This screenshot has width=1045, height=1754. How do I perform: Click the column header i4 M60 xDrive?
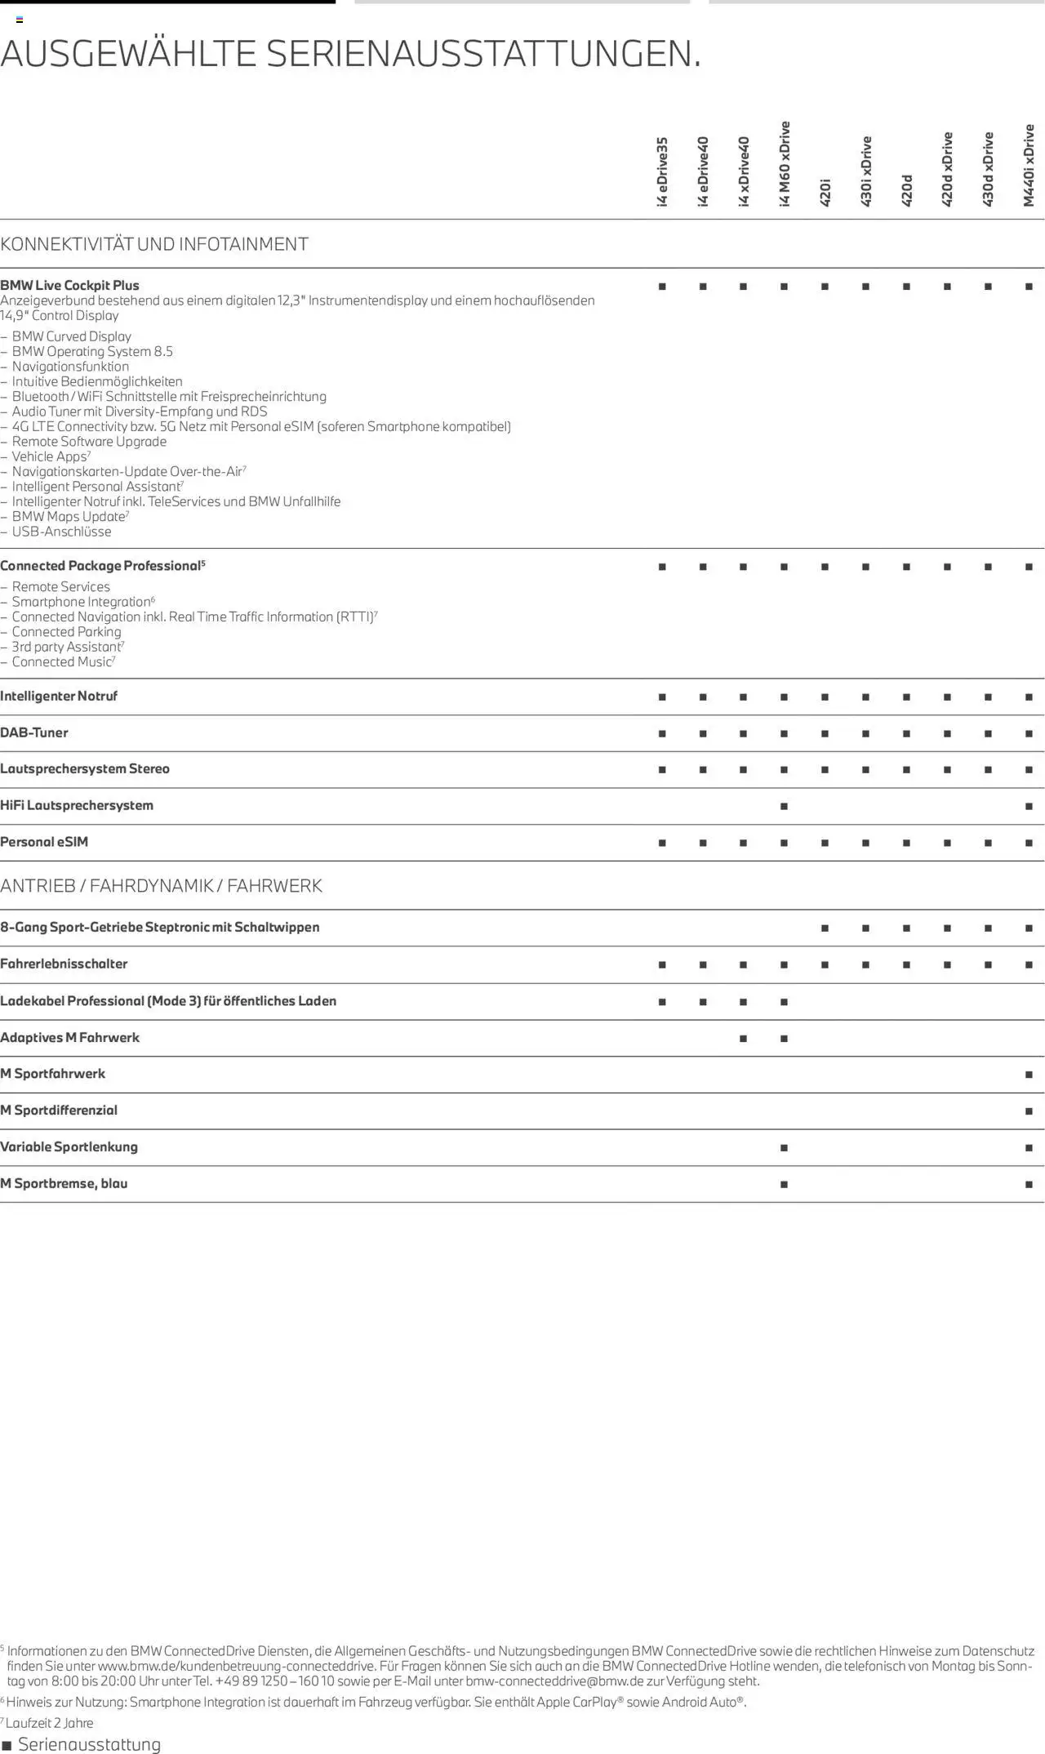tap(785, 164)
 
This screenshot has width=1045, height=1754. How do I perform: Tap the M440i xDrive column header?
tap(1029, 166)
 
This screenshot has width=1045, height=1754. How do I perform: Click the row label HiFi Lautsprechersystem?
tap(77, 805)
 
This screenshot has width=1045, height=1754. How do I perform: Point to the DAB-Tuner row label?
tap(34, 732)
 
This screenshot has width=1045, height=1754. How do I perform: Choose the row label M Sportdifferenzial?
tap(59, 1110)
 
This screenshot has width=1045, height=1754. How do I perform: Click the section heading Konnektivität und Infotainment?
tap(154, 244)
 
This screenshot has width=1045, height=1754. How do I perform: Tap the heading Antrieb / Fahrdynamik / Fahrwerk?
tap(161, 886)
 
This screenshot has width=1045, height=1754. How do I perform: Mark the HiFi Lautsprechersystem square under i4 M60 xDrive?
tap(784, 807)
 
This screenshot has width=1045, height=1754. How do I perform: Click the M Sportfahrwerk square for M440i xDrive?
tap(1029, 1075)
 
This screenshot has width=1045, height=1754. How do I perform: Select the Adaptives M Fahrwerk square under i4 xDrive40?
tap(743, 1039)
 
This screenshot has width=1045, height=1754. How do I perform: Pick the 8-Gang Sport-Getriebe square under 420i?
tap(825, 928)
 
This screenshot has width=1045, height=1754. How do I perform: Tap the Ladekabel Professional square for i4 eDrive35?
tap(662, 1002)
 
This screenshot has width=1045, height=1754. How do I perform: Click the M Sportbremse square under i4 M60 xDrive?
tap(784, 1184)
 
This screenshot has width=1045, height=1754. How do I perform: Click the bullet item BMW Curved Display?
tap(71, 336)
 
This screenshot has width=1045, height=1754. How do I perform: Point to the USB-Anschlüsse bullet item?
tap(61, 532)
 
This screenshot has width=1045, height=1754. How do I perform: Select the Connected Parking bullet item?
tap(66, 632)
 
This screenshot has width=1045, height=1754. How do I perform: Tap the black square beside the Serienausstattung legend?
tap(7, 1746)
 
